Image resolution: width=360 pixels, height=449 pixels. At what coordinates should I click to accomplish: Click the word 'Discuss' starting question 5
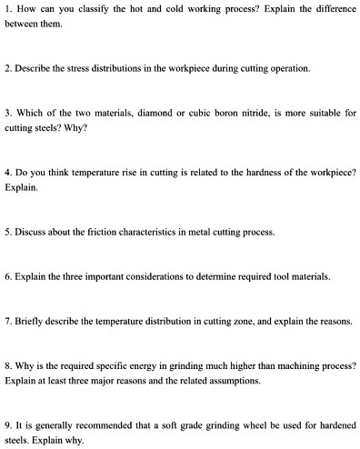pyautogui.click(x=31, y=232)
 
